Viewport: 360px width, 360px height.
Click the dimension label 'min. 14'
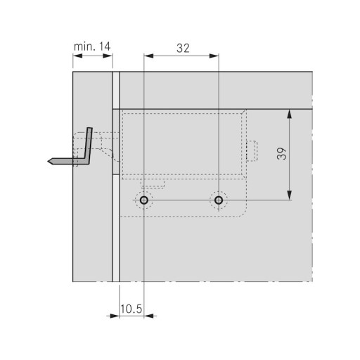[92, 46]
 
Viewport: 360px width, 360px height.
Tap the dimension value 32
[183, 49]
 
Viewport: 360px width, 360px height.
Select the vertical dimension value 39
[282, 154]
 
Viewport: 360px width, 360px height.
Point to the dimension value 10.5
[131, 309]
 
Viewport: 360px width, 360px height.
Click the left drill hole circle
[144, 200]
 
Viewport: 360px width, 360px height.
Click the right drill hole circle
[219, 200]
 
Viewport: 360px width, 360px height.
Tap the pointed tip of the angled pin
[49, 161]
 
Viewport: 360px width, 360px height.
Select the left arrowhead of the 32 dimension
[148, 56]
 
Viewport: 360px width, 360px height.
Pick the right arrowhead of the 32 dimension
[214, 56]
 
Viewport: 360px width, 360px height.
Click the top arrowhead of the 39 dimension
[290, 114]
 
